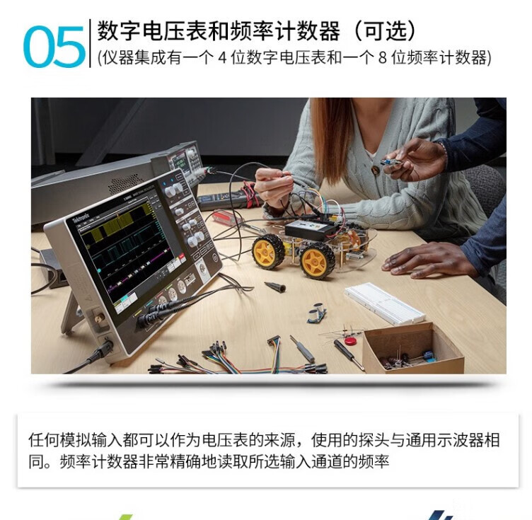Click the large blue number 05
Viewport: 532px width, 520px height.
pos(54,46)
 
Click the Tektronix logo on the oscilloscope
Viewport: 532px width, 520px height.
pos(82,216)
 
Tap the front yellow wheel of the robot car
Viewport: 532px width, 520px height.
pos(318,260)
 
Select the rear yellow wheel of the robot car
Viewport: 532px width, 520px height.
pos(268,251)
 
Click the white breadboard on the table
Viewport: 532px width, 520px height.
pos(384,303)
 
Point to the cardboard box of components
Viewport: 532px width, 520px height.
pos(412,349)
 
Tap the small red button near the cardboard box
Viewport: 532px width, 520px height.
pos(349,340)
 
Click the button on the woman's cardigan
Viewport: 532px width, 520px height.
pos(375,170)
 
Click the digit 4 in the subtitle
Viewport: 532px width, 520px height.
pos(222,58)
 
